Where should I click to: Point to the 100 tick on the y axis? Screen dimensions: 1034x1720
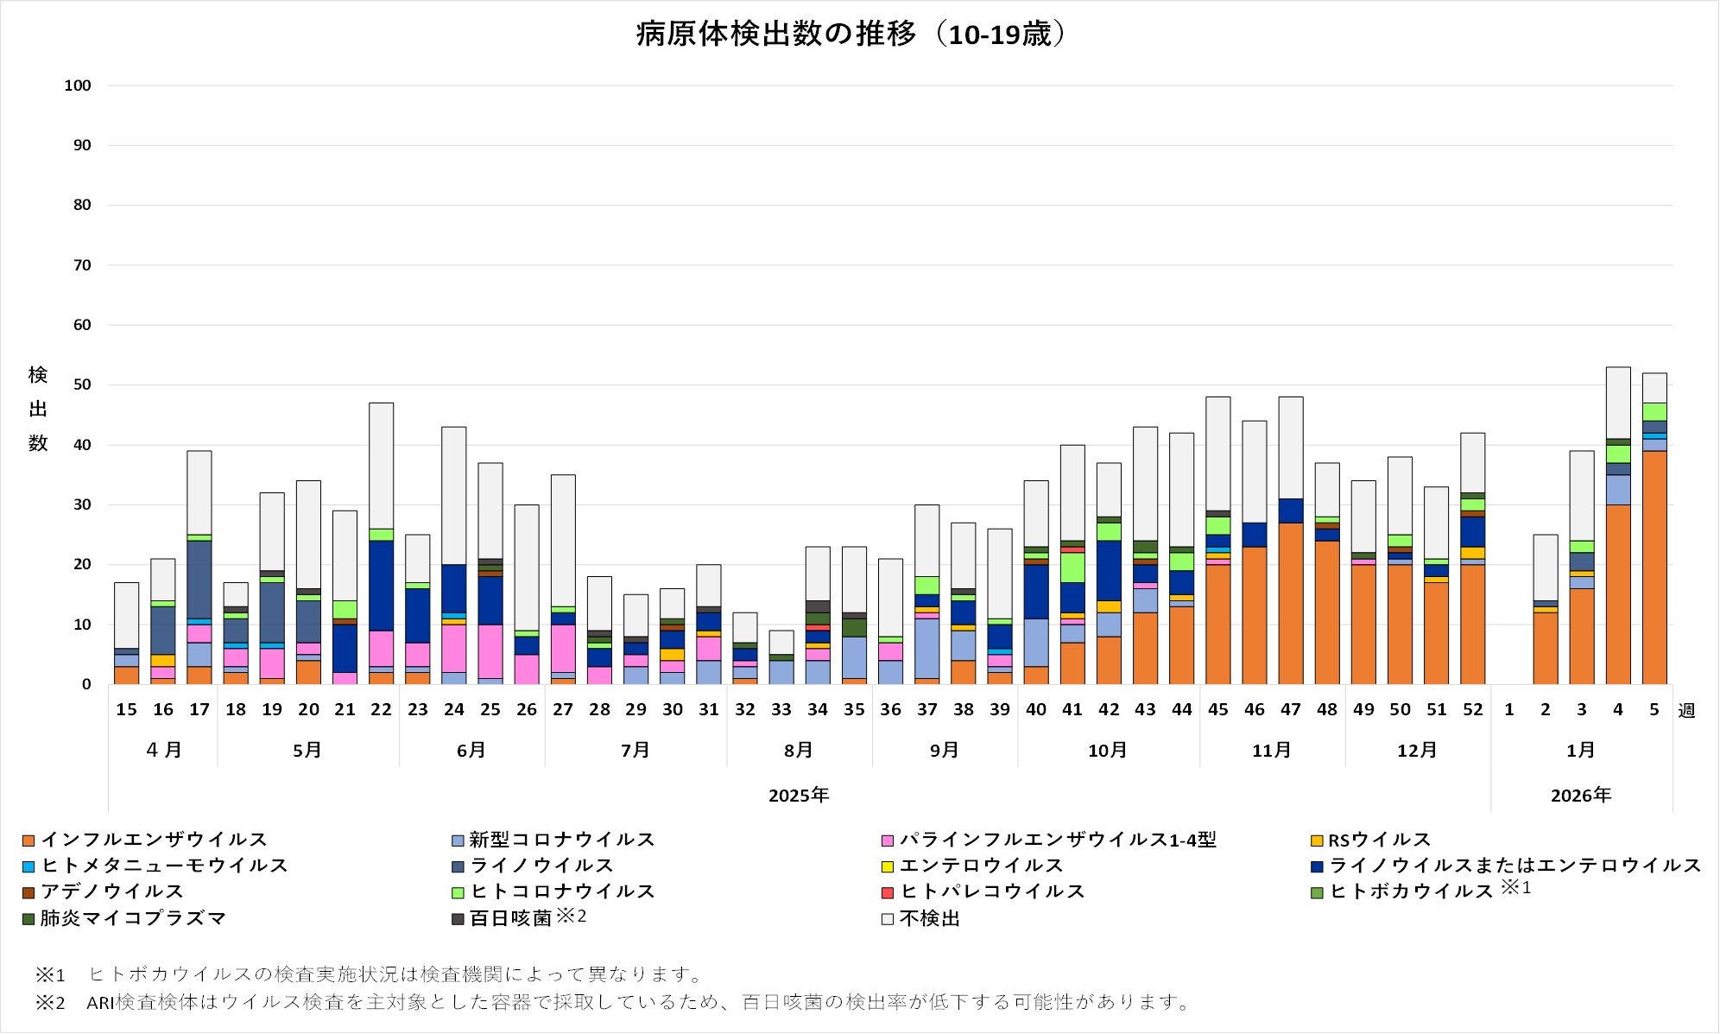(x=78, y=86)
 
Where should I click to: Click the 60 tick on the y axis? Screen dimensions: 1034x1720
(x=82, y=326)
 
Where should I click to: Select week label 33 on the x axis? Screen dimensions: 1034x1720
(x=781, y=710)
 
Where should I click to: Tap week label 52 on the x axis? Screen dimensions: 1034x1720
(x=1473, y=710)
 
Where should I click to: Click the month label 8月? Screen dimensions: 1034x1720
(x=799, y=751)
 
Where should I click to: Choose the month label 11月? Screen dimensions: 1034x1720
(x=1272, y=751)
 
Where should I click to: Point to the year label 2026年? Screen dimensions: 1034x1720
(x=1581, y=796)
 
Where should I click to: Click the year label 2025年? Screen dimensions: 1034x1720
(x=799, y=796)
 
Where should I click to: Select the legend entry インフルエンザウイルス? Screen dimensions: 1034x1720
(x=154, y=840)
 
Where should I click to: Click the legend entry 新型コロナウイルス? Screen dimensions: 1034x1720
(x=561, y=840)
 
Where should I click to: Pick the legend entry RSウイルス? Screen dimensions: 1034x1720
(x=1379, y=840)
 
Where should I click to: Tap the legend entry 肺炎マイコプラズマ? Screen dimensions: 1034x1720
(x=133, y=918)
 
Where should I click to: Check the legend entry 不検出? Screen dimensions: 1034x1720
(x=929, y=918)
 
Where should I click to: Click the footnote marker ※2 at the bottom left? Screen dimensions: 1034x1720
(x=50, y=1002)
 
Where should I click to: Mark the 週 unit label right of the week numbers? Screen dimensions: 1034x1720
(x=1686, y=711)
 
